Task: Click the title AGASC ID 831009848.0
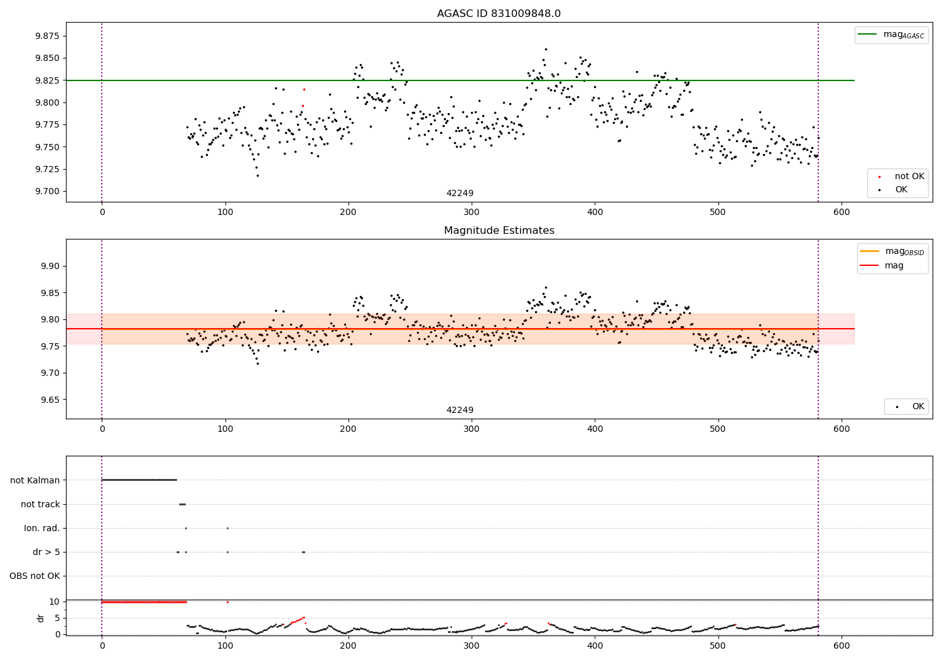click(499, 14)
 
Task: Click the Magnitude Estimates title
click(499, 231)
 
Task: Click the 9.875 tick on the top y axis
click(46, 36)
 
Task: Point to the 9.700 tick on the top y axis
click(46, 192)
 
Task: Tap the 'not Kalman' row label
click(35, 480)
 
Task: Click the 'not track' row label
click(40, 504)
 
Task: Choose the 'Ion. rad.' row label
click(42, 528)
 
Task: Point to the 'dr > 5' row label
click(46, 552)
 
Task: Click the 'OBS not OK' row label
click(35, 576)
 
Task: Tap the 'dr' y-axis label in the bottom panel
click(41, 618)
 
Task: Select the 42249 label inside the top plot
click(460, 194)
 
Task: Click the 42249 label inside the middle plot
click(460, 410)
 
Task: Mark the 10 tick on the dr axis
click(55, 602)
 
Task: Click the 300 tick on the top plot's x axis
click(471, 212)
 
